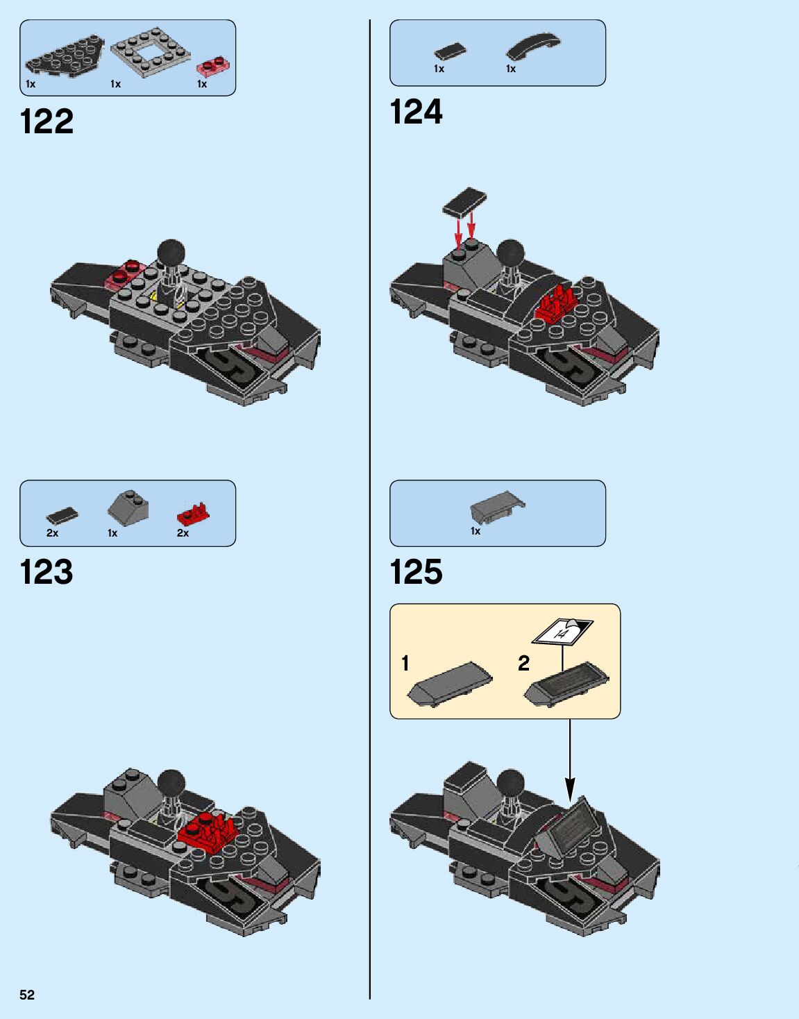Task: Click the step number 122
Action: click(x=47, y=122)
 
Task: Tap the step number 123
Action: click(x=47, y=573)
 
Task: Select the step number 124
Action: click(x=416, y=112)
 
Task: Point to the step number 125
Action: click(x=416, y=573)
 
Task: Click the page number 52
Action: click(x=27, y=995)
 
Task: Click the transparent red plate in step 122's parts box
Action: click(x=215, y=67)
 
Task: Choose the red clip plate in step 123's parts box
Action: click(x=193, y=514)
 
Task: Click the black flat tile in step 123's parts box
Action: click(x=62, y=515)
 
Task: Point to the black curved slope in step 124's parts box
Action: click(x=532, y=46)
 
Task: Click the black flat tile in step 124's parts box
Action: click(x=450, y=52)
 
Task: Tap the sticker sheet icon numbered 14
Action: click(x=562, y=631)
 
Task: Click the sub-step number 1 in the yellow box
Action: click(x=405, y=664)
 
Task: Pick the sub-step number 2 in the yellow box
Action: click(x=523, y=664)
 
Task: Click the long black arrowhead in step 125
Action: click(x=570, y=788)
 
